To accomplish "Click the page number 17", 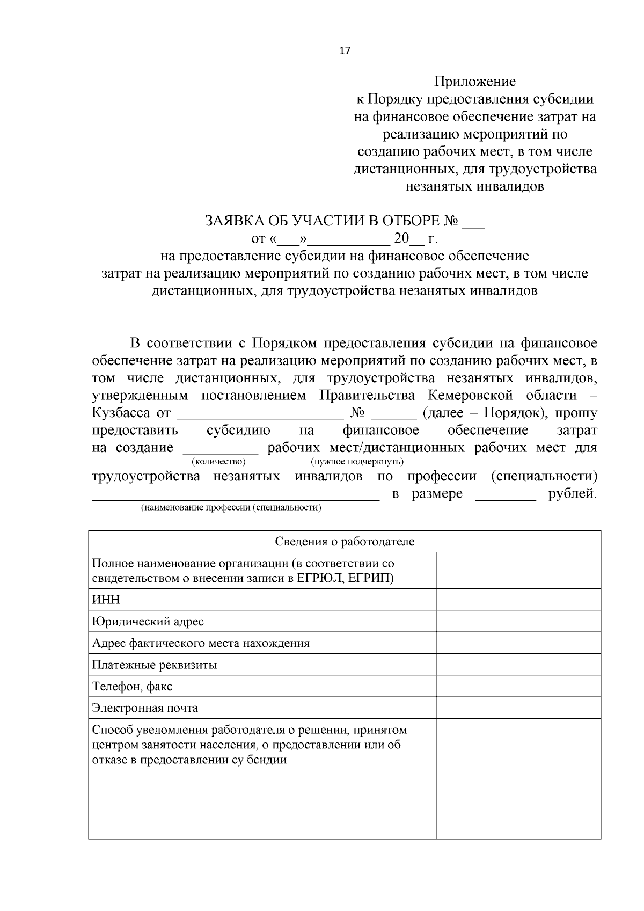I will point(345,51).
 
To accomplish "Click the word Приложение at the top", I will point(474,82).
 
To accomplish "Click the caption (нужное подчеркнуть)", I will point(357,462).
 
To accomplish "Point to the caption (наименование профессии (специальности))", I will point(231,507).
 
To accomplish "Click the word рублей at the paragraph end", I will point(572,494).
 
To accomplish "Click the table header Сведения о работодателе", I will point(345,541).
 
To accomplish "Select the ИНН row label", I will point(106,600).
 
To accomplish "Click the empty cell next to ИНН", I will point(518,600).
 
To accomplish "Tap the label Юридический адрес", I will point(148,622).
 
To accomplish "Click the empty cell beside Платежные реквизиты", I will point(518,665).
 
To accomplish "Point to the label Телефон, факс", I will point(133,686).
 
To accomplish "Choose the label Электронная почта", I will point(145,708).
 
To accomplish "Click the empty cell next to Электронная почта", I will point(518,708).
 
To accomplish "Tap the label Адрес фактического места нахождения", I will point(201,643).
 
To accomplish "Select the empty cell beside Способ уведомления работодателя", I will point(518,778).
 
